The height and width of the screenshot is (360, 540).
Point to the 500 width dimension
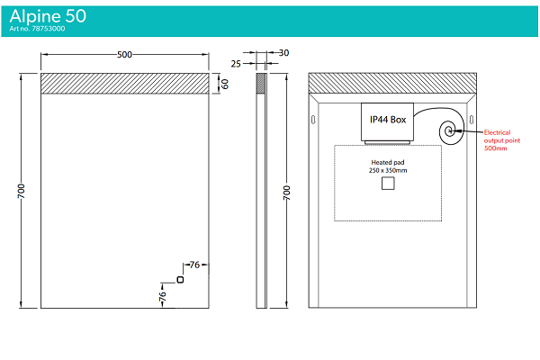pyautogui.click(x=125, y=55)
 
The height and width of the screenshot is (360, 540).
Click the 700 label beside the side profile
pyautogui.click(x=287, y=193)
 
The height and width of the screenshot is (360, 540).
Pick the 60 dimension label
pyautogui.click(x=225, y=84)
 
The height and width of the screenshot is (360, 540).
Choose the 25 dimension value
pyautogui.click(x=236, y=64)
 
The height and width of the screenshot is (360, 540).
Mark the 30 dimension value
pyautogui.click(x=284, y=53)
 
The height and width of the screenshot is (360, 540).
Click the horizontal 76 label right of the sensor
pyautogui.click(x=194, y=265)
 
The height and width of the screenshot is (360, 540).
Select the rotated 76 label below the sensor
pyautogui.click(x=163, y=295)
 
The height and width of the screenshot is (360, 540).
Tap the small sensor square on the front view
pyautogui.click(x=181, y=280)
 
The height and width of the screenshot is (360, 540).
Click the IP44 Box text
pyautogui.click(x=388, y=119)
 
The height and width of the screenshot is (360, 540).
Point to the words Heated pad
pyautogui.click(x=389, y=163)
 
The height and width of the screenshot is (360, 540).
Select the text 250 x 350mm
pyautogui.click(x=389, y=171)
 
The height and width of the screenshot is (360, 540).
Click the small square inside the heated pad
pyautogui.click(x=389, y=184)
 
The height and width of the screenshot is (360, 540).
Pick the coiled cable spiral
pyautogui.click(x=448, y=132)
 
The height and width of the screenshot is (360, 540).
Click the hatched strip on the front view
pyautogui.click(x=125, y=82)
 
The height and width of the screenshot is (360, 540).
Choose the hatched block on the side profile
pyautogui.click(x=262, y=83)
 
